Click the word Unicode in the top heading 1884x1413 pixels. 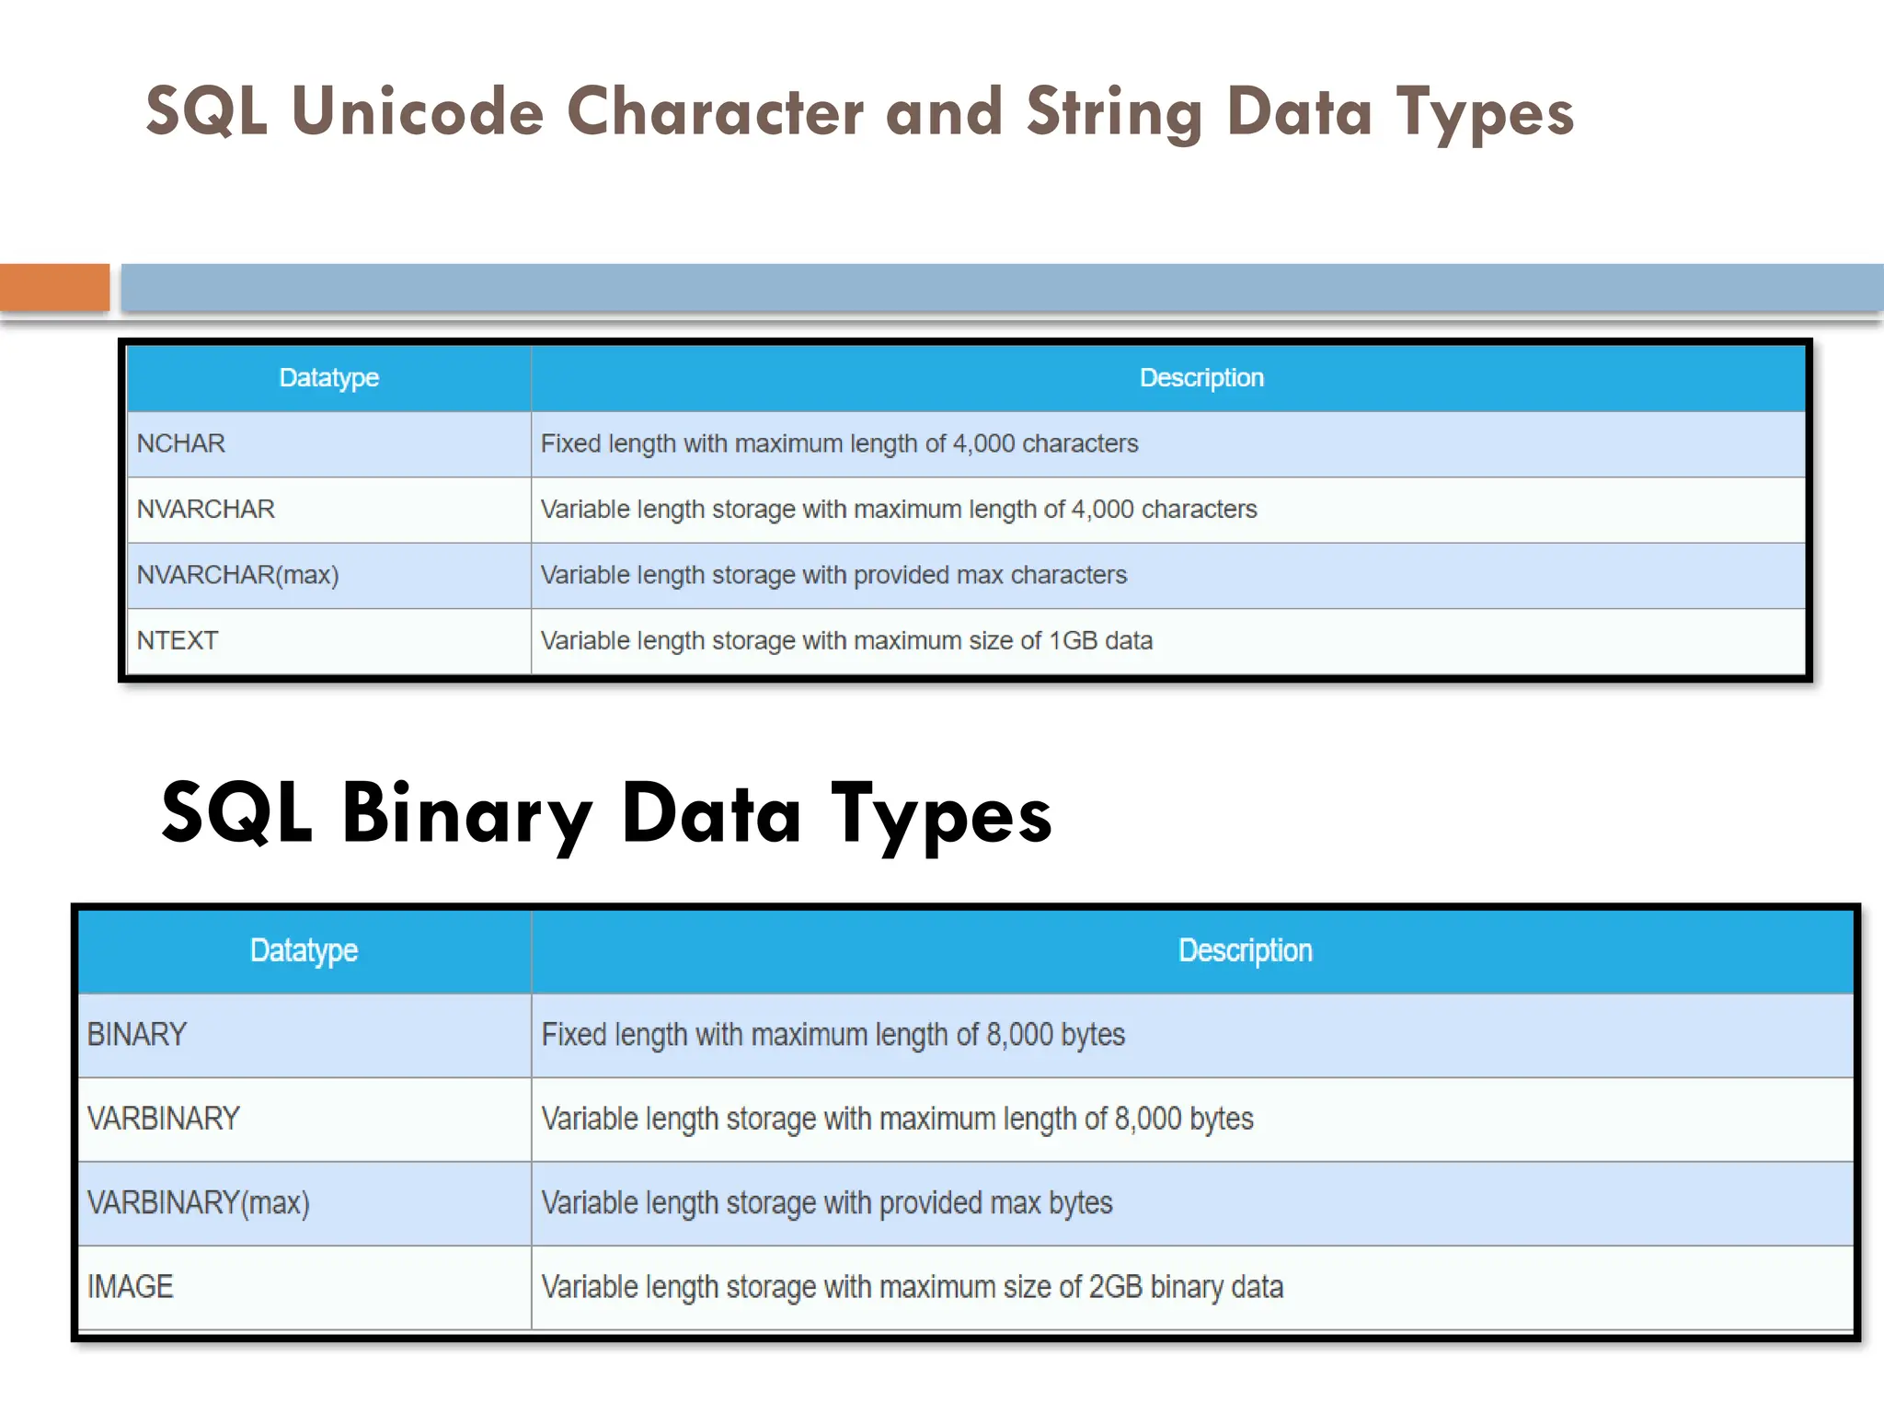(x=418, y=112)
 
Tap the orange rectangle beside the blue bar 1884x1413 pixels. (x=54, y=287)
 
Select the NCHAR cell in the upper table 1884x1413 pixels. (x=181, y=443)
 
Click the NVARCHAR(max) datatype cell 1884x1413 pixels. (x=237, y=575)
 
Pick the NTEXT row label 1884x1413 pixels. (x=178, y=640)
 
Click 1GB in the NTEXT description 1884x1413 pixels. (x=1074, y=640)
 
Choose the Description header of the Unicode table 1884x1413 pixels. (x=1201, y=377)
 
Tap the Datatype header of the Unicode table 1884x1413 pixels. (x=328, y=377)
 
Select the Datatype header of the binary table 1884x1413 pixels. (x=304, y=950)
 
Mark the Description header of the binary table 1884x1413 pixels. (x=1245, y=950)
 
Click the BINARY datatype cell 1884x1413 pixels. (x=136, y=1035)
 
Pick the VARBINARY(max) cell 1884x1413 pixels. (x=198, y=1203)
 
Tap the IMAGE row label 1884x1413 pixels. (x=130, y=1287)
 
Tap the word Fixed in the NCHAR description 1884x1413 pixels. (x=570, y=443)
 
